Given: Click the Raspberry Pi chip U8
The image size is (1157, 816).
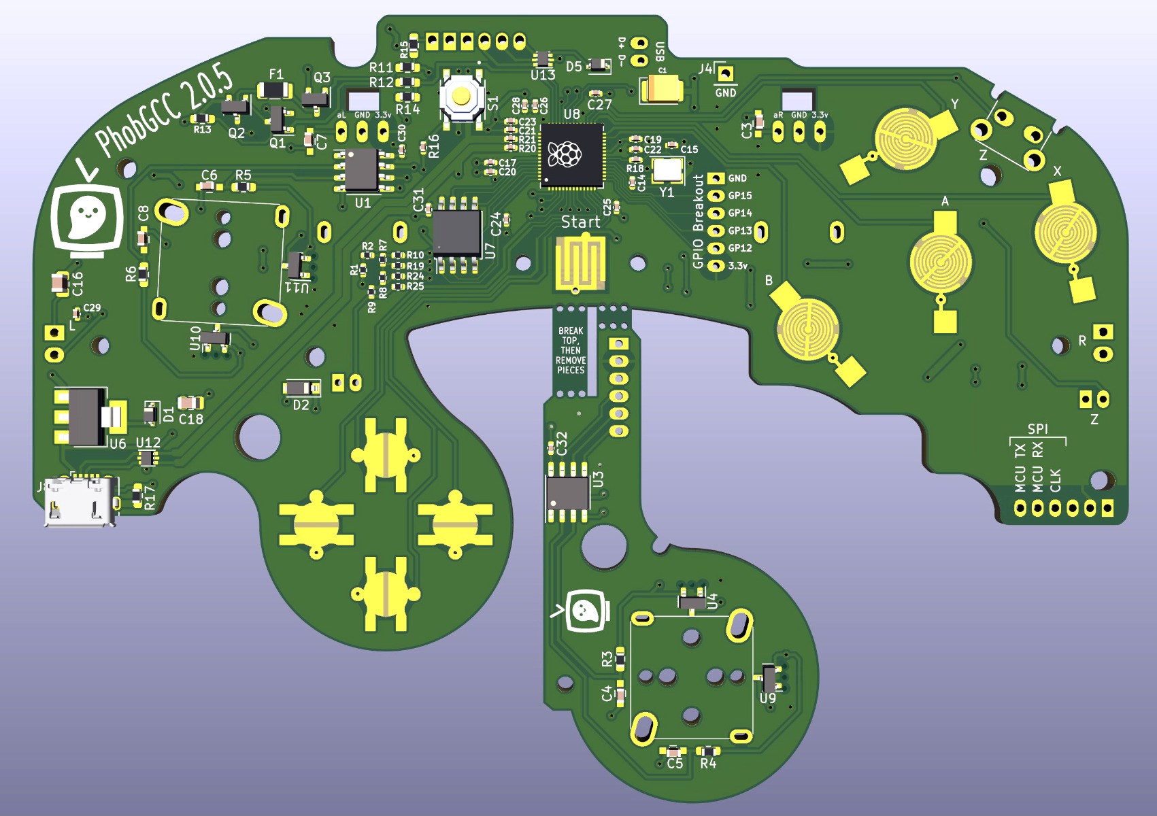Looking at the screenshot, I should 572,155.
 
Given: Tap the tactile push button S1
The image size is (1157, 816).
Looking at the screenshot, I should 462,97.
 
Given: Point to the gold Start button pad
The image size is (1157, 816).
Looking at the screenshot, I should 580,262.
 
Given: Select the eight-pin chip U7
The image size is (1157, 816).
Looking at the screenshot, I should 456,233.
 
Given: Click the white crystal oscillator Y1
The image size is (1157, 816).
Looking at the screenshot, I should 667,170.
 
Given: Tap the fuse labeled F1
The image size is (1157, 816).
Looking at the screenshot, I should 274,90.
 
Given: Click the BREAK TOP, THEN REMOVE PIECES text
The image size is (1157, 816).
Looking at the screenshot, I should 571,351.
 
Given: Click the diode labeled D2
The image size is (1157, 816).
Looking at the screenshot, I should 300,388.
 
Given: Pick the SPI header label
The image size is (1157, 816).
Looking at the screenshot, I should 1037,429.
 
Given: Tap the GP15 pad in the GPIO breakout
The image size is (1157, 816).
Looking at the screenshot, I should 716,196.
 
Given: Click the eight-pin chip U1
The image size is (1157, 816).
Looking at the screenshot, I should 362,170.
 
